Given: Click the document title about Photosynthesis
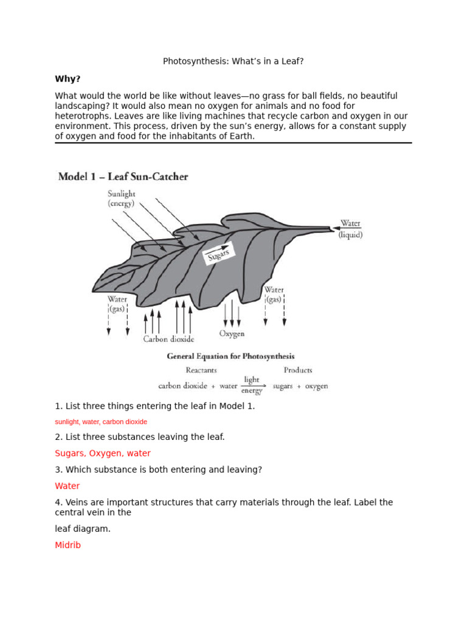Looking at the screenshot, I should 233,61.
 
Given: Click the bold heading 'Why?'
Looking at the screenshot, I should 67,79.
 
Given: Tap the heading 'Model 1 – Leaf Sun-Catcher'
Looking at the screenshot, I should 123,177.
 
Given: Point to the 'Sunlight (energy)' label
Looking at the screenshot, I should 122,199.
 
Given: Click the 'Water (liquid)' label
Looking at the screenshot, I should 350,229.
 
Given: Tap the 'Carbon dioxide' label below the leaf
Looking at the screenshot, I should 168,339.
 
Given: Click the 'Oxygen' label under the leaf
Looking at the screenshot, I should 232,334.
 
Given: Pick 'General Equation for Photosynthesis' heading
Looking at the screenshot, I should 230,357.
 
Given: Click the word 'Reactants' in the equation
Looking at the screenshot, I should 201,370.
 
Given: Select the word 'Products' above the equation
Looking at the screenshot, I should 297,370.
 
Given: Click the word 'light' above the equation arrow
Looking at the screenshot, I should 252,380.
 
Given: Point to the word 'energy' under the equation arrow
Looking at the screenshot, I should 252,391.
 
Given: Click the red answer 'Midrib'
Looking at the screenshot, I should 67,545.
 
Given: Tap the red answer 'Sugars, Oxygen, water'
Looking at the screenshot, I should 103,453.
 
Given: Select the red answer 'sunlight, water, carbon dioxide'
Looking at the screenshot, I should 101,422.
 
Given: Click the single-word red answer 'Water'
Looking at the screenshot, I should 67,486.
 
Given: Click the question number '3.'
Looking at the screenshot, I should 58,470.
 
